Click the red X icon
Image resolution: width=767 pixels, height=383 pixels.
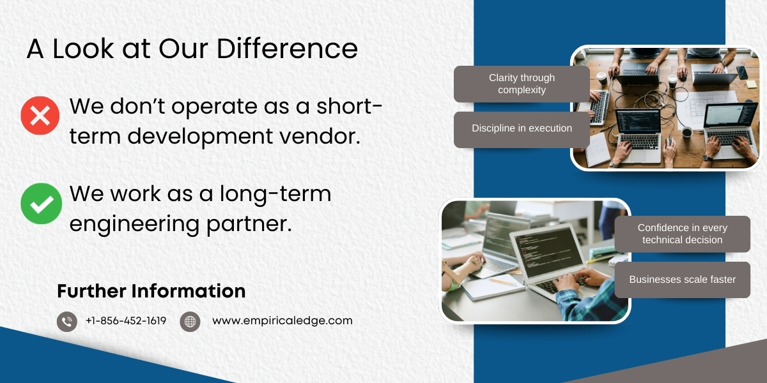(x=40, y=116)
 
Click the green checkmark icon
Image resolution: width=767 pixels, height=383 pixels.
(x=41, y=203)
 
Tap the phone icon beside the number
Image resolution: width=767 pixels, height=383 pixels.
(x=66, y=321)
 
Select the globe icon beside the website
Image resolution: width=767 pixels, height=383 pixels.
(x=190, y=321)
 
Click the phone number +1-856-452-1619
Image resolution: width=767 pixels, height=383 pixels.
(x=126, y=321)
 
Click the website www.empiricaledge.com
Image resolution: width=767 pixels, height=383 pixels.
(x=282, y=321)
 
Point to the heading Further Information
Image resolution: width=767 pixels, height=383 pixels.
(x=151, y=291)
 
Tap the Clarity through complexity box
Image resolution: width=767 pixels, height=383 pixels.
(x=522, y=84)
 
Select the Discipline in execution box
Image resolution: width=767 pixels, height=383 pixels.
(x=522, y=129)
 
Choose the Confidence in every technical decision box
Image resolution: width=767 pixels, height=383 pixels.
(x=682, y=234)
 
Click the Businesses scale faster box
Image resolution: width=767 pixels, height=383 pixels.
(x=682, y=280)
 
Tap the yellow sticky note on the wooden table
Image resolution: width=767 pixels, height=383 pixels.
(x=751, y=84)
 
